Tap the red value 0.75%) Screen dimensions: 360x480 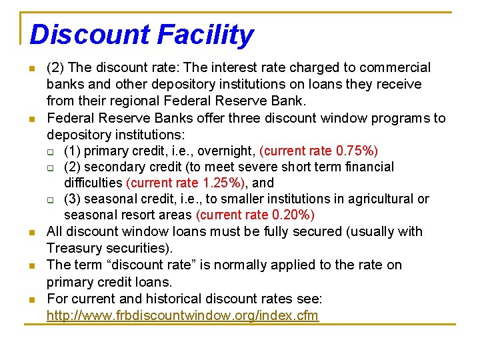click(x=358, y=151)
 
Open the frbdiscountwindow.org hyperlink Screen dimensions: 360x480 click(x=183, y=315)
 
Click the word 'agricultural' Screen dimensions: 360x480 click(x=379, y=199)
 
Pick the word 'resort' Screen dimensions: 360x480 click(x=136, y=215)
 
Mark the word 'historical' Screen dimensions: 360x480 click(x=169, y=299)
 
